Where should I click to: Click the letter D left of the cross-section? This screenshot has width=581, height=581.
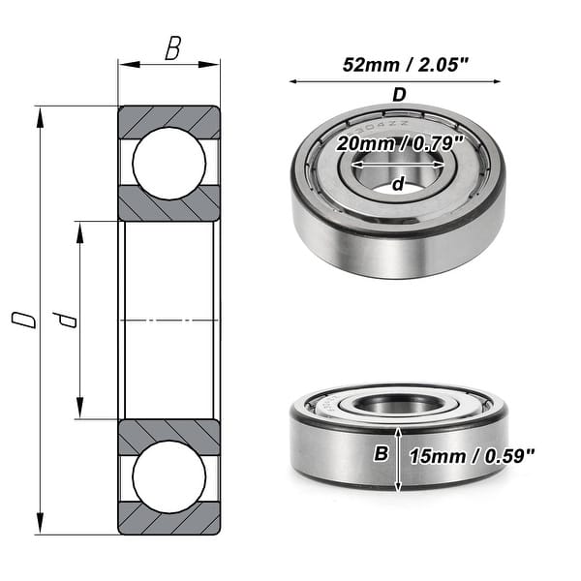29,321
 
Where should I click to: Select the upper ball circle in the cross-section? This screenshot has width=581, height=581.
169,163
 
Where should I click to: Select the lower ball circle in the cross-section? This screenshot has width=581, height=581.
169,476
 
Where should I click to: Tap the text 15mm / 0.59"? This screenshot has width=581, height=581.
473,455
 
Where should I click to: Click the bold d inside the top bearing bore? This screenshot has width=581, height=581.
397,184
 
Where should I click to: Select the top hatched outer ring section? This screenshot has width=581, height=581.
169,121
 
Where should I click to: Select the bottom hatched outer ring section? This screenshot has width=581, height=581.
169,519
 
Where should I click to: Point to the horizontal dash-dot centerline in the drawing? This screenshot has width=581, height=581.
169,320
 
